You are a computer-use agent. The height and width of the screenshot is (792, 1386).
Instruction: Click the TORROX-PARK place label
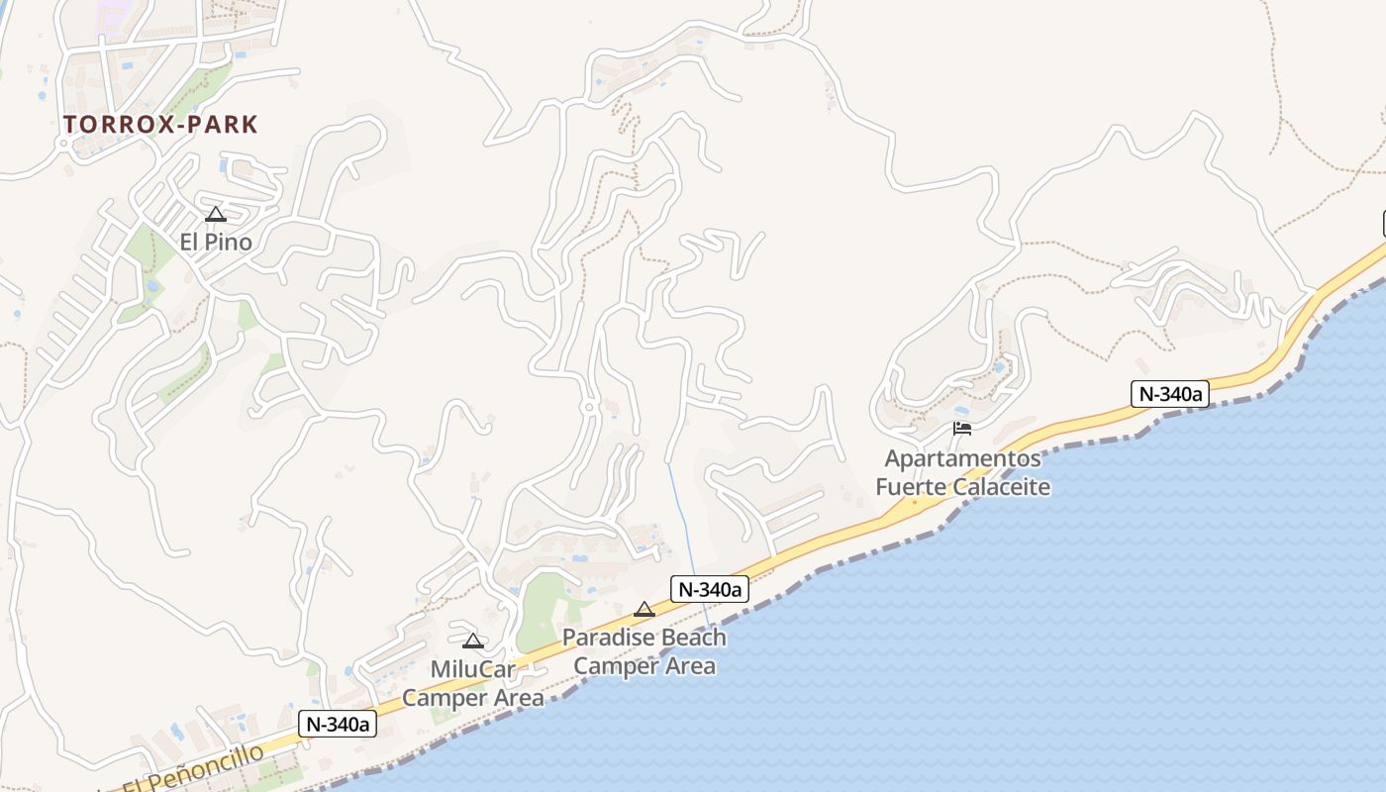click(160, 125)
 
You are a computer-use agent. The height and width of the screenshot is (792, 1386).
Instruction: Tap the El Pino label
click(216, 242)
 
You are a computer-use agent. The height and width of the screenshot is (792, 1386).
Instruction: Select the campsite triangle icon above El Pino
click(216, 214)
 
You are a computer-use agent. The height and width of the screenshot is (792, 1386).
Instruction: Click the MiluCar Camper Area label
click(473, 684)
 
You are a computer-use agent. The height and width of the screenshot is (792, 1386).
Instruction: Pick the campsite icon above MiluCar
click(473, 642)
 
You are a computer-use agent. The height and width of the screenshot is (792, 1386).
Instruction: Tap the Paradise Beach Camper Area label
click(644, 651)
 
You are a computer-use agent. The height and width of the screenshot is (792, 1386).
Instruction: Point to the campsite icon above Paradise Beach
click(644, 610)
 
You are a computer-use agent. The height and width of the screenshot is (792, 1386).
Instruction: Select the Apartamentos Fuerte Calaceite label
click(962, 472)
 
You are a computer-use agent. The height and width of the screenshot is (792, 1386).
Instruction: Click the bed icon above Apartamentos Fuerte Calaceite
click(962, 429)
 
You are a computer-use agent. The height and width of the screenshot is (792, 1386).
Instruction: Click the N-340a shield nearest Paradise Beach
click(709, 589)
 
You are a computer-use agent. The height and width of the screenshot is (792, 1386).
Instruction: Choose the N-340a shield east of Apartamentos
click(1170, 393)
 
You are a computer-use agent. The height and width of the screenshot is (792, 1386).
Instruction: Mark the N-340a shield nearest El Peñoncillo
click(339, 724)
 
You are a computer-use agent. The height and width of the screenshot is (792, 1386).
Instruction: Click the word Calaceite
click(1001, 487)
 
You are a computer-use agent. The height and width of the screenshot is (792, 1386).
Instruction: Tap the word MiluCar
click(473, 670)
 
